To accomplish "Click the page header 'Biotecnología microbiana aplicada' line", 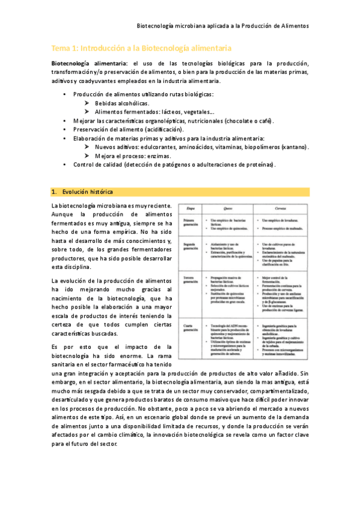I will coord(223,26).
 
